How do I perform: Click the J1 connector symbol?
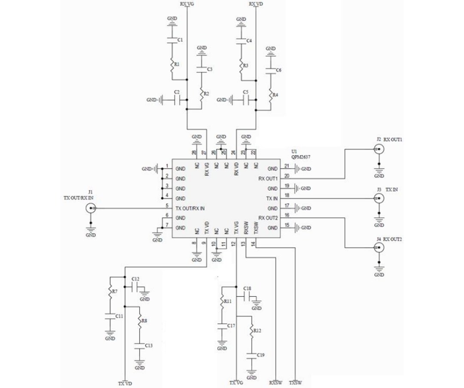(90, 208)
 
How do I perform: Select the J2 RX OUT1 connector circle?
(379, 150)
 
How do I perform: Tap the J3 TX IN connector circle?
(379, 199)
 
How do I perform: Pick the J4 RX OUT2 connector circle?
(379, 248)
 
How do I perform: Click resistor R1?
(172, 64)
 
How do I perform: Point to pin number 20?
(287, 175)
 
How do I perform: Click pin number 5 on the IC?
(167, 205)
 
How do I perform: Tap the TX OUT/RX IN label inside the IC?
(190, 209)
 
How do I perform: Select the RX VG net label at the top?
(187, 4)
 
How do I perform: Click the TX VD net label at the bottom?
(124, 382)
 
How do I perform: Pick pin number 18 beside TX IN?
(287, 195)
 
